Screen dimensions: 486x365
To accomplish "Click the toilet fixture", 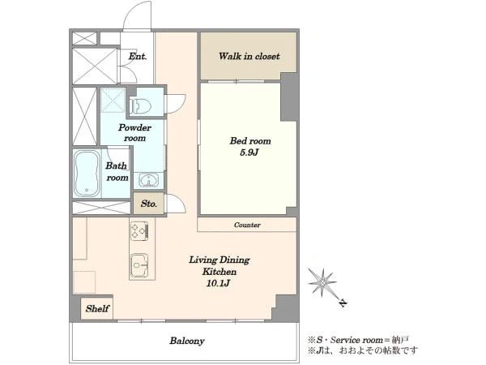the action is [x=140, y=106].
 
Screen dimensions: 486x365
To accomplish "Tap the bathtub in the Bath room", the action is [x=87, y=174].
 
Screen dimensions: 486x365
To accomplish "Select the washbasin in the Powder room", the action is [x=149, y=180].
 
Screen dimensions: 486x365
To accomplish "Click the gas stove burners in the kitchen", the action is [x=139, y=230].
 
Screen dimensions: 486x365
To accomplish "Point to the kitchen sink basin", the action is [x=139, y=265].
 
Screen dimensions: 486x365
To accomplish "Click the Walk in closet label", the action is [x=249, y=56].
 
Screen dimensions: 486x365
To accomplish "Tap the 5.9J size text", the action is [x=249, y=152].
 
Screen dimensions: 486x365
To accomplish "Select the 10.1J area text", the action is [x=219, y=283].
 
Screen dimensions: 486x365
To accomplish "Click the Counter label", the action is [x=247, y=225].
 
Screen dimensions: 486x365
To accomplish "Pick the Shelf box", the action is [x=96, y=309].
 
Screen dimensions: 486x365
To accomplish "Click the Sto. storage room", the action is [x=148, y=204].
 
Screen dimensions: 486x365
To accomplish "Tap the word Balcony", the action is [x=187, y=341].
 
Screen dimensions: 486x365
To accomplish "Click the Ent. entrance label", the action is [x=138, y=57].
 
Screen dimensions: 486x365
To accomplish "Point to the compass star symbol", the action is [x=322, y=282].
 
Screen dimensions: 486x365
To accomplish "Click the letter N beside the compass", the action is [x=343, y=303].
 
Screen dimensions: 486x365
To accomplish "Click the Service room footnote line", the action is [x=358, y=340].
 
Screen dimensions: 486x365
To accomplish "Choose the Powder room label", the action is [x=134, y=133].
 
